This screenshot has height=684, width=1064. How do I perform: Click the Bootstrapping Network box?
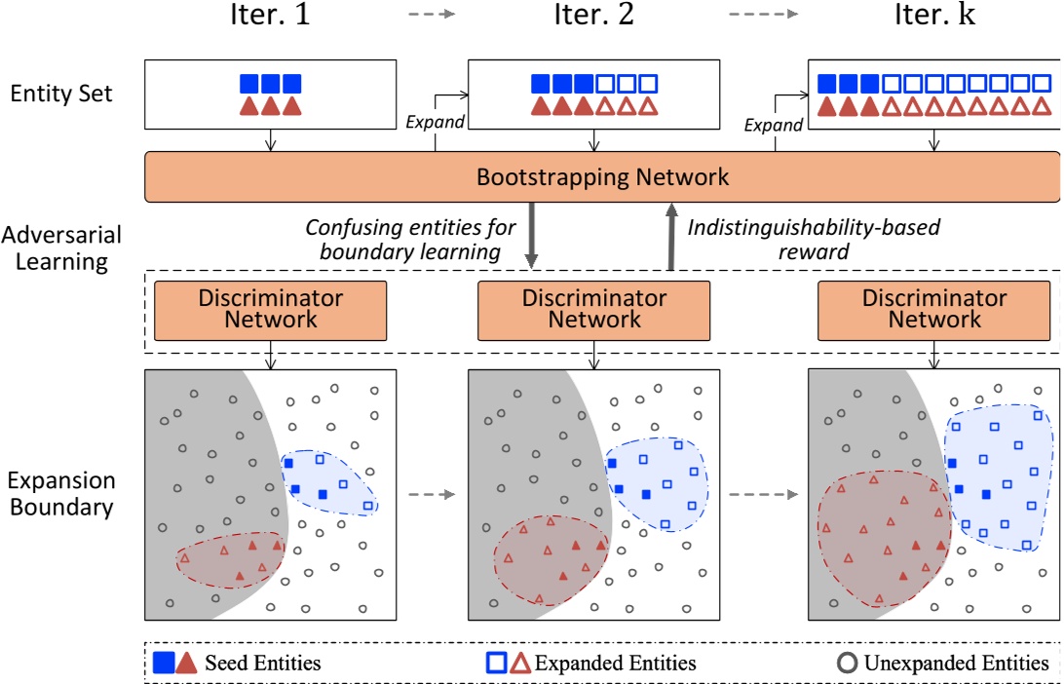coord(602,177)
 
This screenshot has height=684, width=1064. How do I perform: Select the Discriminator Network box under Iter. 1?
coord(271,310)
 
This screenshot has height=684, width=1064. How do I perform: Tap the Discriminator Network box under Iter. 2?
coord(593,310)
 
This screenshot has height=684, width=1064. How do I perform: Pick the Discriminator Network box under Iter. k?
coord(934,310)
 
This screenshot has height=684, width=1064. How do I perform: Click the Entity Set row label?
coord(61,94)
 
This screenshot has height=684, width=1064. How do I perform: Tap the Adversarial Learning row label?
coord(61,248)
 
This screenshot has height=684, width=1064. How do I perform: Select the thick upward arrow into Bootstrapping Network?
coord(671,236)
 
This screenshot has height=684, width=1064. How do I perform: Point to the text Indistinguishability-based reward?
coord(813,239)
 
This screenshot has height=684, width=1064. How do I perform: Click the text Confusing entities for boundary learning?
coord(411,239)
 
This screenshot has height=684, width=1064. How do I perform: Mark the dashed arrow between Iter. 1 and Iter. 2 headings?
coord(431,15)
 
